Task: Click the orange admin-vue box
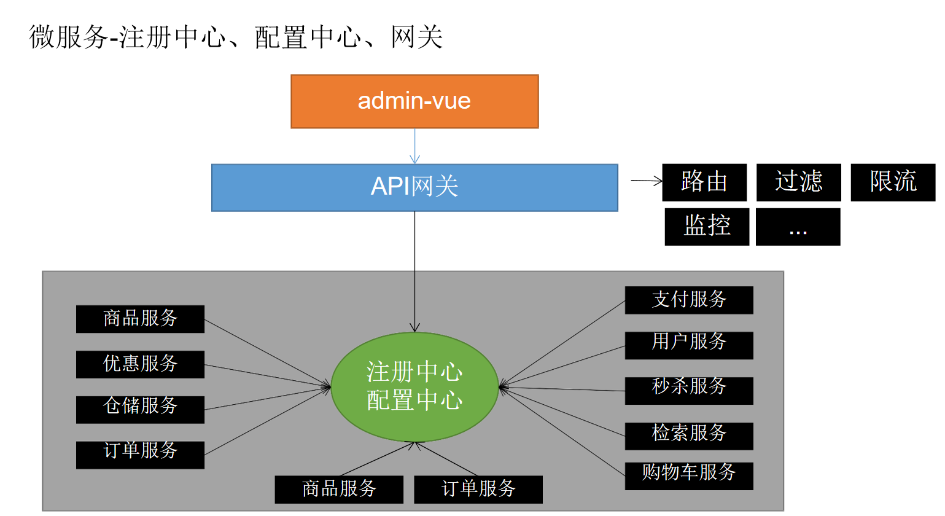pos(414,102)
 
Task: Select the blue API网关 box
pos(414,188)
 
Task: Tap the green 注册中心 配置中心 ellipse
pos(414,387)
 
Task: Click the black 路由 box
pos(704,182)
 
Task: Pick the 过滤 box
pos(799,182)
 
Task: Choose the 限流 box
pos(893,182)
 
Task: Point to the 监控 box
pos(707,227)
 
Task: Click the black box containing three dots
pos(798,227)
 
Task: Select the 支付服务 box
pos(689,300)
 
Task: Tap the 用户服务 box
pos(689,345)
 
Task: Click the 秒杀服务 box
pos(689,391)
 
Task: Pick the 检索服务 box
pos(689,436)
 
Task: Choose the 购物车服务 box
pos(689,476)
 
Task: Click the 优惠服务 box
pos(140,364)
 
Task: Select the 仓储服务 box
pos(140,409)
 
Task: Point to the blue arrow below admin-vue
pos(414,146)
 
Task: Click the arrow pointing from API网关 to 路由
pos(647,181)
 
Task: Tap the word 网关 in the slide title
pos(417,37)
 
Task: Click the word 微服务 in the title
pos(68,37)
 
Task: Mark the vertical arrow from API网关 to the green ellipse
pos(414,272)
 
